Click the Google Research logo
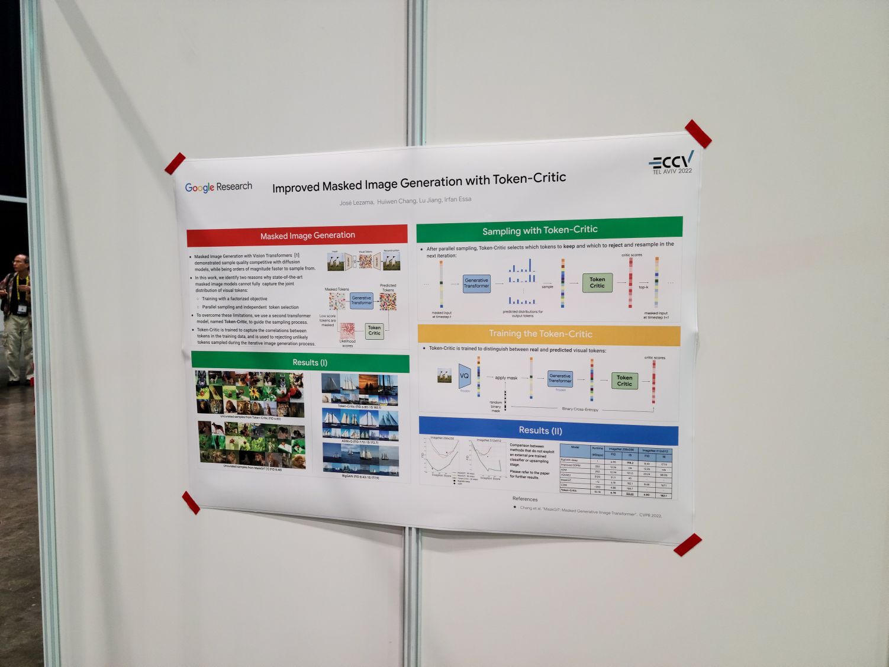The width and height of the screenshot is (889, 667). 218,187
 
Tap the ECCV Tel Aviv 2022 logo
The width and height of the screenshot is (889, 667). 672,162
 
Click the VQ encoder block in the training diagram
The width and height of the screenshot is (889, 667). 464,376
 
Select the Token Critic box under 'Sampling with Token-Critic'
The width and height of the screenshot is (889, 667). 597,282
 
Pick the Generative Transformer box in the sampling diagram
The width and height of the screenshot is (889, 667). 476,283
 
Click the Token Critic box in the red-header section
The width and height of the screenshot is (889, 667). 374,330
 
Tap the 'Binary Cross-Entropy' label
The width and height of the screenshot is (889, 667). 579,409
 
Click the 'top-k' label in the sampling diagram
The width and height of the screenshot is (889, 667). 643,287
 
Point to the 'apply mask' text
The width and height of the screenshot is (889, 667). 506,378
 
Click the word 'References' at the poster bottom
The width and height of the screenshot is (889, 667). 525,499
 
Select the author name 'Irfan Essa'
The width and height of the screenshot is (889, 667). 458,199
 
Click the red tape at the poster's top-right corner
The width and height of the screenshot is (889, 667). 698,134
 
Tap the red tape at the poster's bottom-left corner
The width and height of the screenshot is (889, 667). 191,502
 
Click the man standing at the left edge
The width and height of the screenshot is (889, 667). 16,320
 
